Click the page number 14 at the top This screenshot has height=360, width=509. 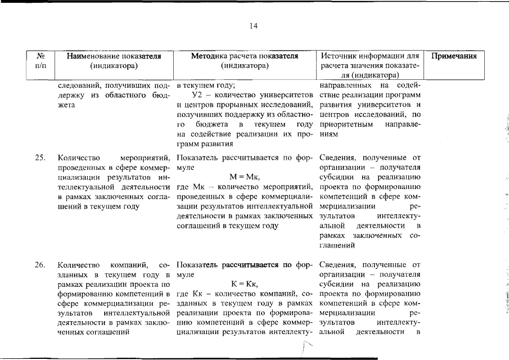coord(254,26)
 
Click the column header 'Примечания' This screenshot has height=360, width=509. coord(454,56)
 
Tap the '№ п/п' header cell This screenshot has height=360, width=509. coord(40,61)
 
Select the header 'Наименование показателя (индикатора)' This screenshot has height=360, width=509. coord(114,61)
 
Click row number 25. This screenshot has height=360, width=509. coord(40,157)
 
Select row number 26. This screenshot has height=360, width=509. coord(40,264)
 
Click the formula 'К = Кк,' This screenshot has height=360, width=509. coord(244,285)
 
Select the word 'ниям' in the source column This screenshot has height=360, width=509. coord(329,135)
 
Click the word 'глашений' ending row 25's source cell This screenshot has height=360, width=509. coord(336,246)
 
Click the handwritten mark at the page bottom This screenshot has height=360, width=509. coord(305,351)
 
